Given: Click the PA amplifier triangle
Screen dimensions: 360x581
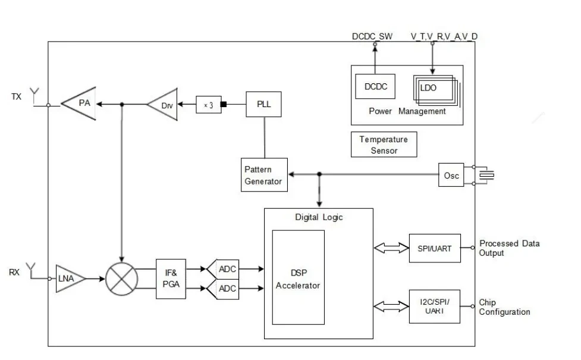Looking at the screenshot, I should (82, 104).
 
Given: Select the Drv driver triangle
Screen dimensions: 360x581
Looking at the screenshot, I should (165, 105).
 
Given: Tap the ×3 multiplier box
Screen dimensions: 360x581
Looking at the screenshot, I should (208, 105).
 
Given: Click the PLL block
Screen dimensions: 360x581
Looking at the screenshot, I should (263, 104).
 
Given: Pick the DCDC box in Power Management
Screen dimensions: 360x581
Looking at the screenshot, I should (375, 87).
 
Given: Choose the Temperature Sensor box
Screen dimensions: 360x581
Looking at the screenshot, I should (384, 145).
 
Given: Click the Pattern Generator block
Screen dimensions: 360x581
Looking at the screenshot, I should (264, 175).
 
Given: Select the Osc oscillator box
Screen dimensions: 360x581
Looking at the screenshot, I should (452, 176).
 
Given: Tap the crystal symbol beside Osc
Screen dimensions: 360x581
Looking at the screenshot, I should (488, 176).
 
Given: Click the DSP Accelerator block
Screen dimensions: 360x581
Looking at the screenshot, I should (299, 277).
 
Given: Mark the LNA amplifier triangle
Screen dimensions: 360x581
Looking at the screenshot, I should (69, 278).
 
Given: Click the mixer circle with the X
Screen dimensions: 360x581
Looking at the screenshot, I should (121, 278).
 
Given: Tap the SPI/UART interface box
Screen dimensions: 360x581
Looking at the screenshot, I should (435, 248).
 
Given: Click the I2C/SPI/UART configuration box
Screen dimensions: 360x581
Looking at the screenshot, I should (435, 306).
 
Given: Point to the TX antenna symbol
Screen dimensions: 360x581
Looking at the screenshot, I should (35, 95).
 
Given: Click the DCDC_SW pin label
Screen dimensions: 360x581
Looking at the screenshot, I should (372, 36).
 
